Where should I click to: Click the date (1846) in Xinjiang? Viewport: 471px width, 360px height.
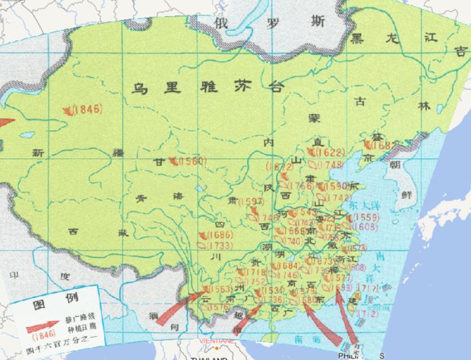(86, 110)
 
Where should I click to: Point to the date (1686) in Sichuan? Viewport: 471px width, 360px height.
(220, 235)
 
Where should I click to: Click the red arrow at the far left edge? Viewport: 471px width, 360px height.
(6, 122)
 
